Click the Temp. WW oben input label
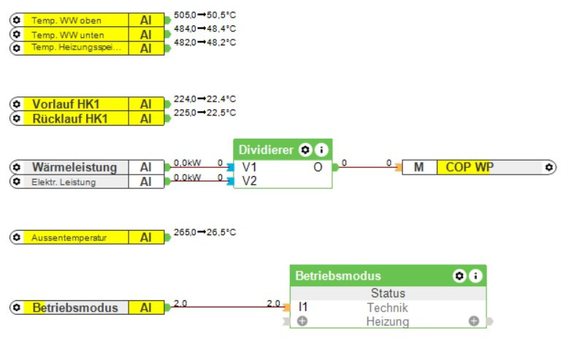tap(66, 20)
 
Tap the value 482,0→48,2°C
tap(204, 42)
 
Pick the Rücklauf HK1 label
tap(70, 118)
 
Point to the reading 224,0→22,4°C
tap(204, 99)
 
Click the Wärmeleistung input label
tap(74, 167)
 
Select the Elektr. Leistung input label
tap(64, 182)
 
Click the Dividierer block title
tap(266, 150)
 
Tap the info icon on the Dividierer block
tap(321, 150)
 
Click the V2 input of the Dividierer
tap(250, 180)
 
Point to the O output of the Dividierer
tap(318, 167)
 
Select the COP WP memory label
tap(470, 167)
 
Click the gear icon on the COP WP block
tap(549, 167)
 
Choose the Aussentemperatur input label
tap(69, 237)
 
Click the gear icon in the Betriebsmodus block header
tap(459, 276)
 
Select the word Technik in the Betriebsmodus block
tap(387, 307)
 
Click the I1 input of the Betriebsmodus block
tap(303, 307)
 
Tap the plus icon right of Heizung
tap(473, 321)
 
